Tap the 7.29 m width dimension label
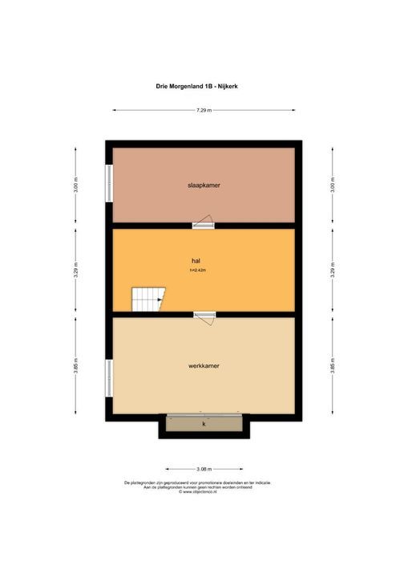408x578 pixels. [204, 111]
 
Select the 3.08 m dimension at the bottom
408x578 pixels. [204, 468]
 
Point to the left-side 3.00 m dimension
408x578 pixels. [76, 185]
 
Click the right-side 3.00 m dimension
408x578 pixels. [331, 185]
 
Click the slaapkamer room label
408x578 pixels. [204, 185]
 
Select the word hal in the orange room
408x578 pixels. [195, 261]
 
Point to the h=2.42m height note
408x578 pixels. [198, 271]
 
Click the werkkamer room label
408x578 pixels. [204, 365]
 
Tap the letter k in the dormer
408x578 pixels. [204, 423]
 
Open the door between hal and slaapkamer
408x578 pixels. [204, 222]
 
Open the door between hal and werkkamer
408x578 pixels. [204, 316]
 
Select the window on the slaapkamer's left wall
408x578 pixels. [109, 185]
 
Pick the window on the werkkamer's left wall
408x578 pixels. [109, 377]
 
